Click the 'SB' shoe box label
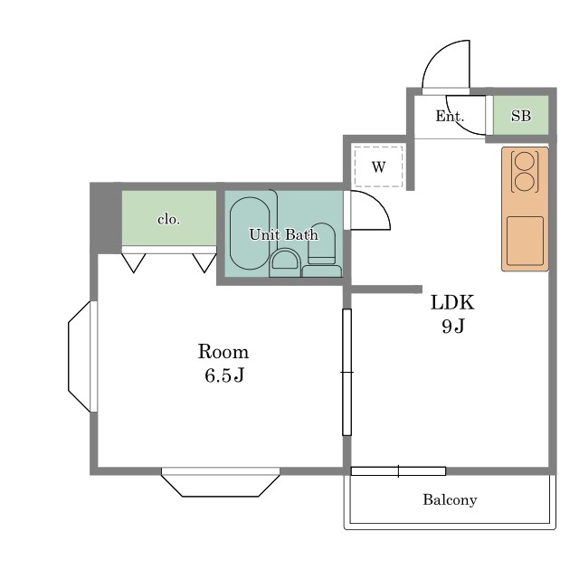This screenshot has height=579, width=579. (521, 116)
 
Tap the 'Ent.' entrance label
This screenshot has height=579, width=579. (450, 117)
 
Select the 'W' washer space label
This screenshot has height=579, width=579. (378, 167)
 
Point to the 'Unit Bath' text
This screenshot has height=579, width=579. (283, 234)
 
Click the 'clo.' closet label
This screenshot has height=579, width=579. (169, 220)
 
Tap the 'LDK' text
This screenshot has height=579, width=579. (452, 303)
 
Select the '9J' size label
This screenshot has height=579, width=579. (453, 326)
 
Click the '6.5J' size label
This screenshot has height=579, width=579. (224, 375)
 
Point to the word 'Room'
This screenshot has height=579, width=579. (223, 352)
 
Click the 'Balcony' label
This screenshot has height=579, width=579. (450, 500)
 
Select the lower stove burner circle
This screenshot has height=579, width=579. (525, 183)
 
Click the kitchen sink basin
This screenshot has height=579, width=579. (525, 241)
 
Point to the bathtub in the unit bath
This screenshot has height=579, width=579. (250, 233)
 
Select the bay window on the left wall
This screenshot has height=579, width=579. (82, 356)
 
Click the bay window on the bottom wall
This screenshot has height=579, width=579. (221, 482)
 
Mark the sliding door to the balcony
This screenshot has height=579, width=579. (398, 471)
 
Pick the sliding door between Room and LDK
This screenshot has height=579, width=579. (346, 372)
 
